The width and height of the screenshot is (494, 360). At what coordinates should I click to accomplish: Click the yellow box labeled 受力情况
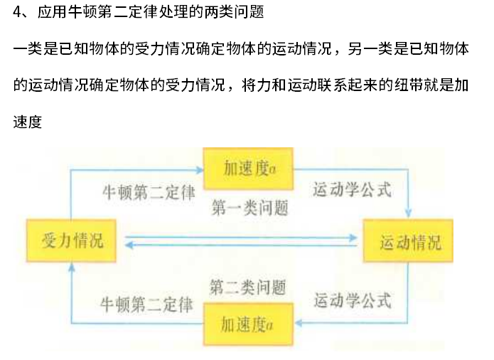pos(72,240)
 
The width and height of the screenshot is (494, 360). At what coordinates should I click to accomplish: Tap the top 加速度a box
pos(249,169)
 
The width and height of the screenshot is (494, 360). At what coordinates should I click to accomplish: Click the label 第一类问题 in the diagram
pos(249,208)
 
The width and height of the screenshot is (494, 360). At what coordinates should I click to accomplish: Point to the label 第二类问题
pos(247,287)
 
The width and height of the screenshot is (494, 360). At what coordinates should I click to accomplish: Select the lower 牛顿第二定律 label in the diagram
pos(147,305)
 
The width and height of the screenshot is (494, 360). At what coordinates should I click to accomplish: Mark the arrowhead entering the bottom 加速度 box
pos(299,323)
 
